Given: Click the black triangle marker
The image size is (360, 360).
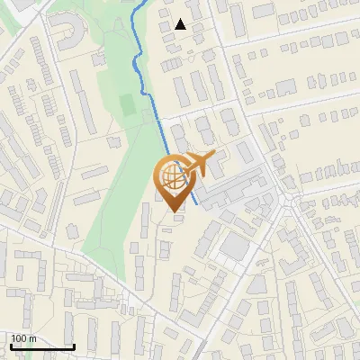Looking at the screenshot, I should (181, 24).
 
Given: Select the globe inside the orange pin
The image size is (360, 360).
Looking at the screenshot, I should (174, 177).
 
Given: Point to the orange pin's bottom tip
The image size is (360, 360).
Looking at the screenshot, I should (176, 212).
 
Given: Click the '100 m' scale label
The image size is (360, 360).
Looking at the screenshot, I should (23, 338).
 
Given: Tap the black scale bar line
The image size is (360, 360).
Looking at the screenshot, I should (41, 346).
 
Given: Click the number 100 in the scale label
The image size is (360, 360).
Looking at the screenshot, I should (19, 338).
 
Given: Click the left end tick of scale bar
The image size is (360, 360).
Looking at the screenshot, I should (10, 345).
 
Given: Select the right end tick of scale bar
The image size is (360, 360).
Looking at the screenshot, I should (74, 345).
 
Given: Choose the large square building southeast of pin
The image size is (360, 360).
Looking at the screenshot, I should (236, 245).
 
